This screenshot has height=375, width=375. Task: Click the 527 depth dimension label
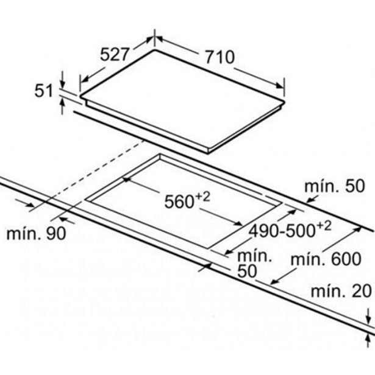tap(115, 55)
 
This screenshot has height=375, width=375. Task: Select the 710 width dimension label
tap(220, 57)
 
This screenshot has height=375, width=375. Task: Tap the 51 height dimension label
tap(44, 91)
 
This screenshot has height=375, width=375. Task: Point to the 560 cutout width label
tap(179, 202)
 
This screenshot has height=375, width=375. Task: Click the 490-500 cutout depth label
tap(281, 231)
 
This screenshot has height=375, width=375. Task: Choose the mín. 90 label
tap(36, 233)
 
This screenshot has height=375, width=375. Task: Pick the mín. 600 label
tap(326, 259)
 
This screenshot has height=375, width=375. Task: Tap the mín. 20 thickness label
tap(341, 291)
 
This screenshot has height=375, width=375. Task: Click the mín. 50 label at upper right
tap(335, 186)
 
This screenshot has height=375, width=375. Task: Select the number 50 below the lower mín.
tap(247, 271)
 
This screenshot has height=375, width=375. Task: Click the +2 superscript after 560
tap(202, 197)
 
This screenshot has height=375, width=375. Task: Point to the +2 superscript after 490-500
tap(324, 226)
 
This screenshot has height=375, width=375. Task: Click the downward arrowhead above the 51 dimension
tap(63, 85)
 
